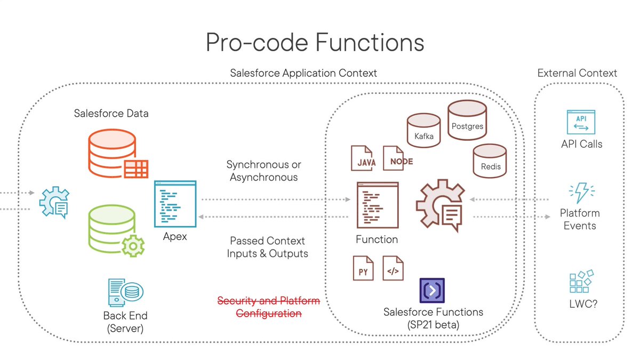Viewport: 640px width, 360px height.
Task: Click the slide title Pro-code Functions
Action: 315,42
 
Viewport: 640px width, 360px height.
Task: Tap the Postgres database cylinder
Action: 467,120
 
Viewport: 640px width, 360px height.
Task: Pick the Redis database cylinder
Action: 490,161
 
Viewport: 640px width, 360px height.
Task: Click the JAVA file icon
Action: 364,158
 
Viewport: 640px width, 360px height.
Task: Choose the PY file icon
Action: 363,268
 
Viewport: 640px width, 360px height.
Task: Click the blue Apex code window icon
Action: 175,204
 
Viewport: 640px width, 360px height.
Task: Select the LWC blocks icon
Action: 581,281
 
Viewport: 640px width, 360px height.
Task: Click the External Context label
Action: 577,73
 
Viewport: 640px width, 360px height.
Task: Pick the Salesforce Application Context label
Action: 303,73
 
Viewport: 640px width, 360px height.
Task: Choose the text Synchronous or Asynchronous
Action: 263,170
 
